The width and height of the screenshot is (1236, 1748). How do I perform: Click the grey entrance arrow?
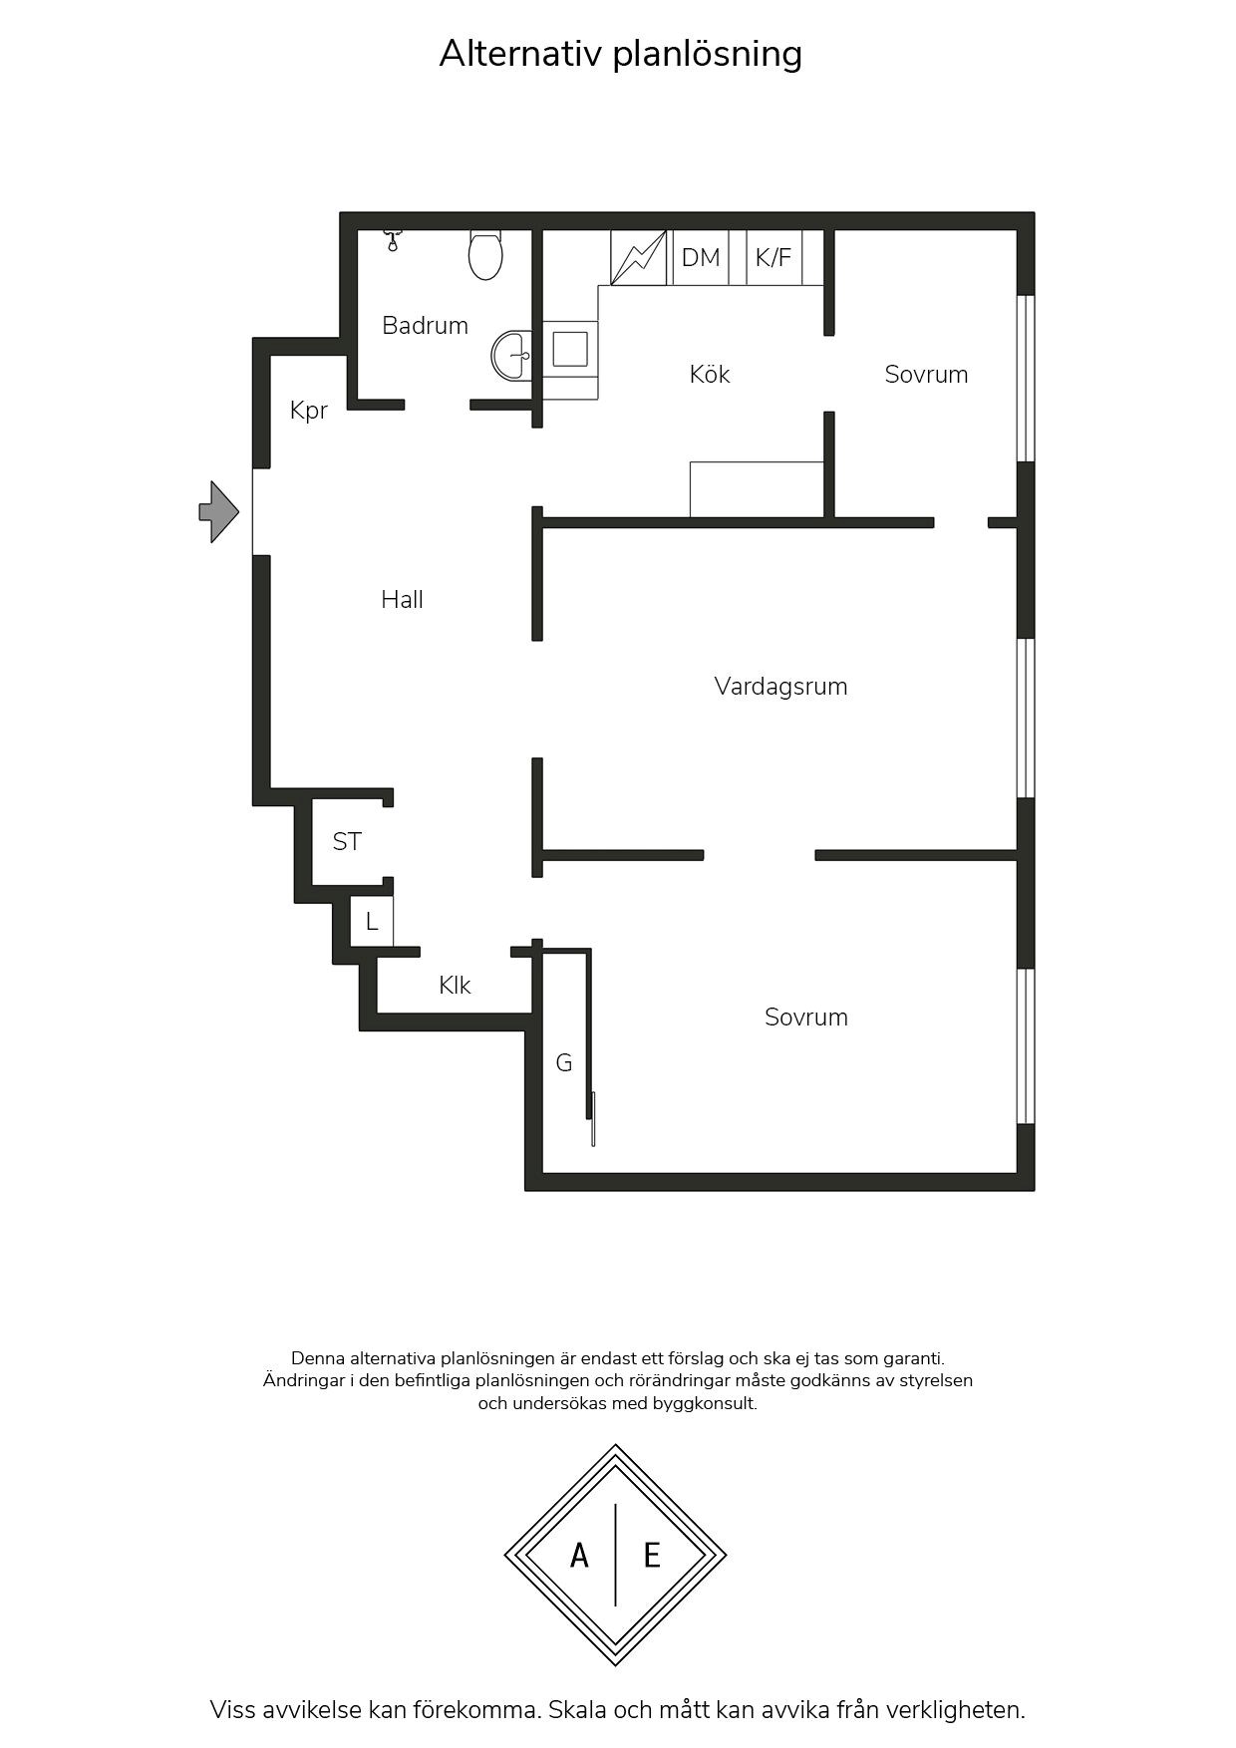point(218,512)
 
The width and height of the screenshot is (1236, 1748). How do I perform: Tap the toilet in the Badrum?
point(485,254)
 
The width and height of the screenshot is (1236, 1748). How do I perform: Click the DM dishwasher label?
point(701,258)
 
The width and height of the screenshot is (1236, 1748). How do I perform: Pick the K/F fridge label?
point(773,258)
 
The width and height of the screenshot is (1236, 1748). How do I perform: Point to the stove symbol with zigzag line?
point(638,257)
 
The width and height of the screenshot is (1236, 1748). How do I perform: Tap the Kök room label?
point(710,374)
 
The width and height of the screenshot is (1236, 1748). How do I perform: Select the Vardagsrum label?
point(780,687)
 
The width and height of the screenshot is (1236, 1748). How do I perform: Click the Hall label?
point(402,599)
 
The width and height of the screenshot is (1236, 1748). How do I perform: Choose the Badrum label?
point(425,325)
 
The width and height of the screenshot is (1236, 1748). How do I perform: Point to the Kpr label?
point(309,411)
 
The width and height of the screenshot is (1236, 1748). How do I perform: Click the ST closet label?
point(347,842)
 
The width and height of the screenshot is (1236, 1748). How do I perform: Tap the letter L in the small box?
point(372,922)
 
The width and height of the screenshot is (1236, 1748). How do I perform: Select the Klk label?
point(455,986)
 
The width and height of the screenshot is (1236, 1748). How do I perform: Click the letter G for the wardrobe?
point(564,1063)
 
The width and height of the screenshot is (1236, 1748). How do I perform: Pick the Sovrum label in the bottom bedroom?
point(806,1018)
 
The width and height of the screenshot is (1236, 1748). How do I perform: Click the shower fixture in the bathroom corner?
point(393,239)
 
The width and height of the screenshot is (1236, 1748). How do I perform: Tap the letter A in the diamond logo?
point(579,1555)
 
